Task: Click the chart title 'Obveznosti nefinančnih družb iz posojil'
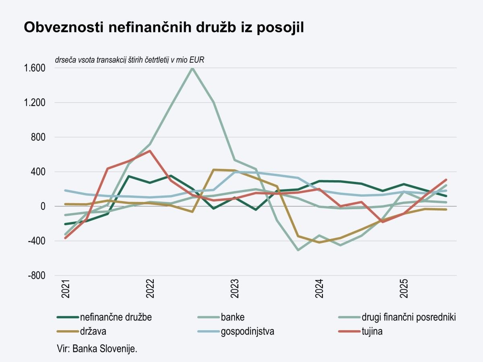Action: pos(164,27)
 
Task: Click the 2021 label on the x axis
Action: pos(66,289)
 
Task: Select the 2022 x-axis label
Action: pos(150,289)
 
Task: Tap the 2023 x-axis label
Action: pos(235,289)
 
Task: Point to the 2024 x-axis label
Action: pos(319,289)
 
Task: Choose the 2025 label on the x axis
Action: pos(404,289)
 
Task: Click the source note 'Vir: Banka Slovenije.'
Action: pos(97,348)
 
